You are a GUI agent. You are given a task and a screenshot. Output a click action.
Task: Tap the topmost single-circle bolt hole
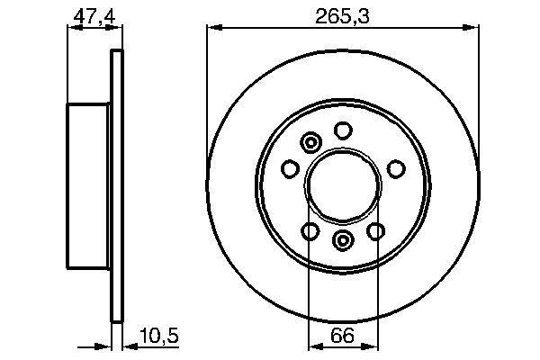click(342, 131)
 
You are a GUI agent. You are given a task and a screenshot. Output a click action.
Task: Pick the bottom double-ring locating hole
click(342, 240)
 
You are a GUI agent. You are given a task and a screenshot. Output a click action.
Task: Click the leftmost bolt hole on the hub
click(290, 169)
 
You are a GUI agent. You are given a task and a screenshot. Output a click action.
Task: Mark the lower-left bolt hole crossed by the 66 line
click(309, 232)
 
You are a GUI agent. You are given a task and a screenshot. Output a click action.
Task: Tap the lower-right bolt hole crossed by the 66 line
click(375, 232)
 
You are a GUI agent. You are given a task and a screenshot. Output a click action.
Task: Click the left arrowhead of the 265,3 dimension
click(212, 28)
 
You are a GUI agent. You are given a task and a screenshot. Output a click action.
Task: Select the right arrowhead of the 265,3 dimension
click(472, 28)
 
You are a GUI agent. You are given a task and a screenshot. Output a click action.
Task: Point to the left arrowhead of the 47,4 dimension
click(72, 28)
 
